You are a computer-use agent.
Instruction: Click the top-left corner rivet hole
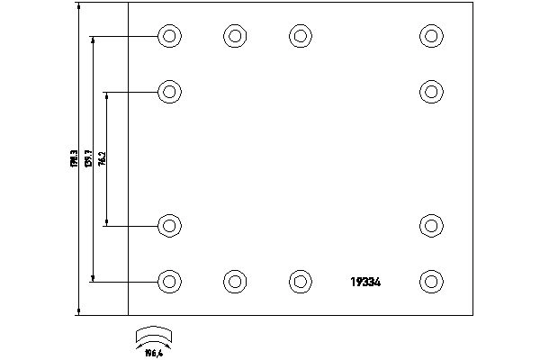pos(169,37)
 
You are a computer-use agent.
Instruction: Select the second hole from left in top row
pos(234,37)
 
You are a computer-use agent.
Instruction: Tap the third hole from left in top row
pos(300,37)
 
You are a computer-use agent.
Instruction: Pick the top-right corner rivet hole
pos(432,37)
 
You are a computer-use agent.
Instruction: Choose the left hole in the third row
pos(169,226)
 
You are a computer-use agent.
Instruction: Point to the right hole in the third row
pos(432,226)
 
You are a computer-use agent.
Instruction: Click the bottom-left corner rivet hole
pos(169,281)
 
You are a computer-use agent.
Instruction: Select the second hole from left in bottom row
pos(234,281)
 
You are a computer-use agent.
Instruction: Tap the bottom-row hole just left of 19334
pos(300,281)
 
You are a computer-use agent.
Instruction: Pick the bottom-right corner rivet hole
pos(432,281)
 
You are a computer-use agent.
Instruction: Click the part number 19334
pos(367,282)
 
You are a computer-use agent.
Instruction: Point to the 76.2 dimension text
pos(103,158)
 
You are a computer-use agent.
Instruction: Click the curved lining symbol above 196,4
pos(153,335)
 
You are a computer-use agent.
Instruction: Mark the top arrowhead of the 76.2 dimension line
pos(107,94)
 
